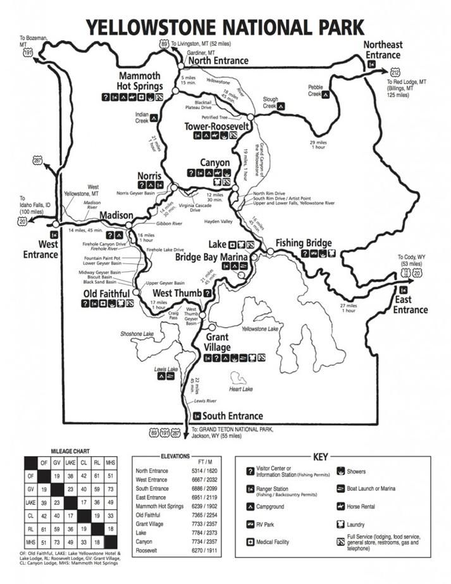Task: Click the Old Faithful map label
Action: (106, 294)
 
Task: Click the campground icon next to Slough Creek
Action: (285, 106)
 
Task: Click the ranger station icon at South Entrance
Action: (197, 416)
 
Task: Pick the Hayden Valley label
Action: (216, 222)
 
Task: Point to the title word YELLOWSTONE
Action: (154, 27)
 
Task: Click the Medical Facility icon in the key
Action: (250, 542)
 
